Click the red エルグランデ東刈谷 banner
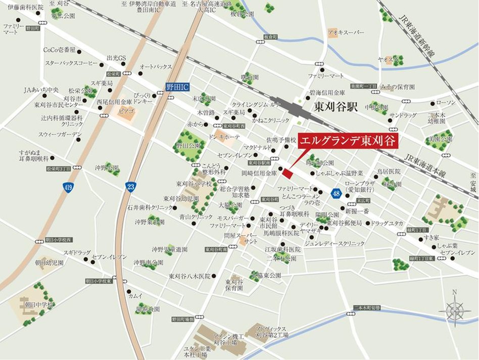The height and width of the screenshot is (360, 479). point(348,141)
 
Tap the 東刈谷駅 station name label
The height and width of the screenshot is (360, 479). point(335,107)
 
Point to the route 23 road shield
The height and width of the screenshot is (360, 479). point(130,187)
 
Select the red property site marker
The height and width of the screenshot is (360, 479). point(287,173)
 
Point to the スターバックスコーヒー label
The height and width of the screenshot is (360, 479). point(71,63)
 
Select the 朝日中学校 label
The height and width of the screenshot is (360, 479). point(36,305)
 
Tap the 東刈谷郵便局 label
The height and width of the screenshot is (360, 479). point(345,223)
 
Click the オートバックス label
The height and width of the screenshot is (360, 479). point(156,66)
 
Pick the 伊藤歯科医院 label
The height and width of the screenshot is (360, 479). point(22,8)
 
